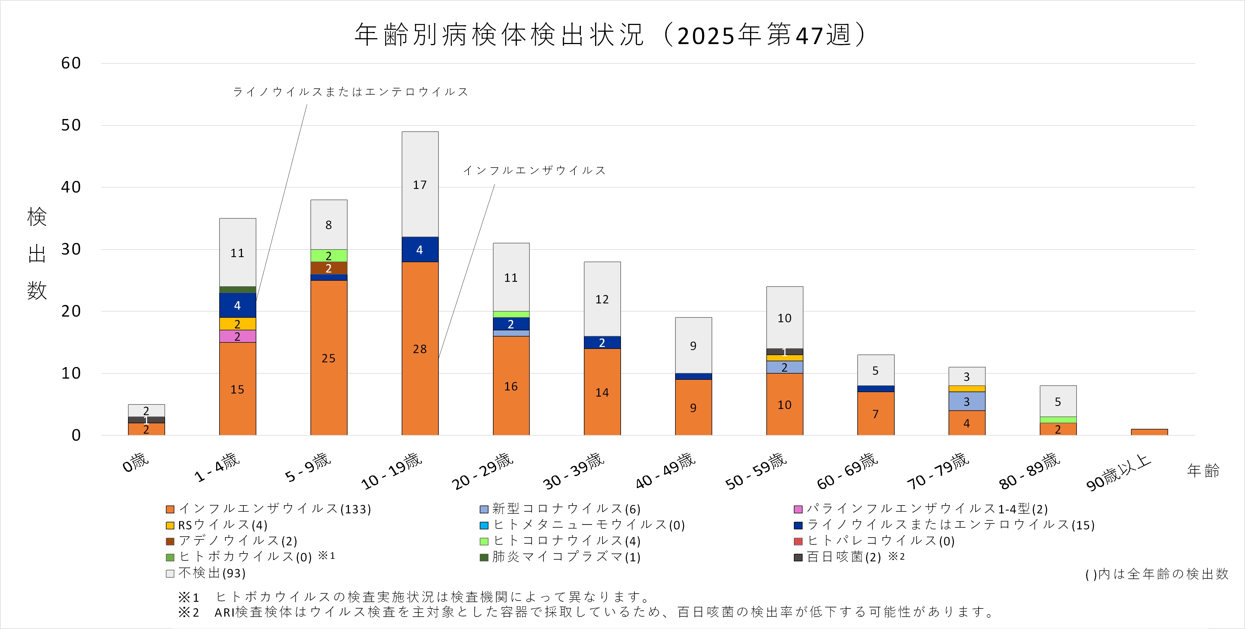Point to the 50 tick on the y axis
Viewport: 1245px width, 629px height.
click(x=71, y=125)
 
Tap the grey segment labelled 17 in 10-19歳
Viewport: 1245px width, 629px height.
click(x=419, y=184)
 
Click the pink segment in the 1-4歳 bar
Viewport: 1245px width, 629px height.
click(x=237, y=336)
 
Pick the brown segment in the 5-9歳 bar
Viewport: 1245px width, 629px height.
click(x=329, y=268)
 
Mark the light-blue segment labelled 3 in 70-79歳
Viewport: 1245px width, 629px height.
click(x=967, y=401)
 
